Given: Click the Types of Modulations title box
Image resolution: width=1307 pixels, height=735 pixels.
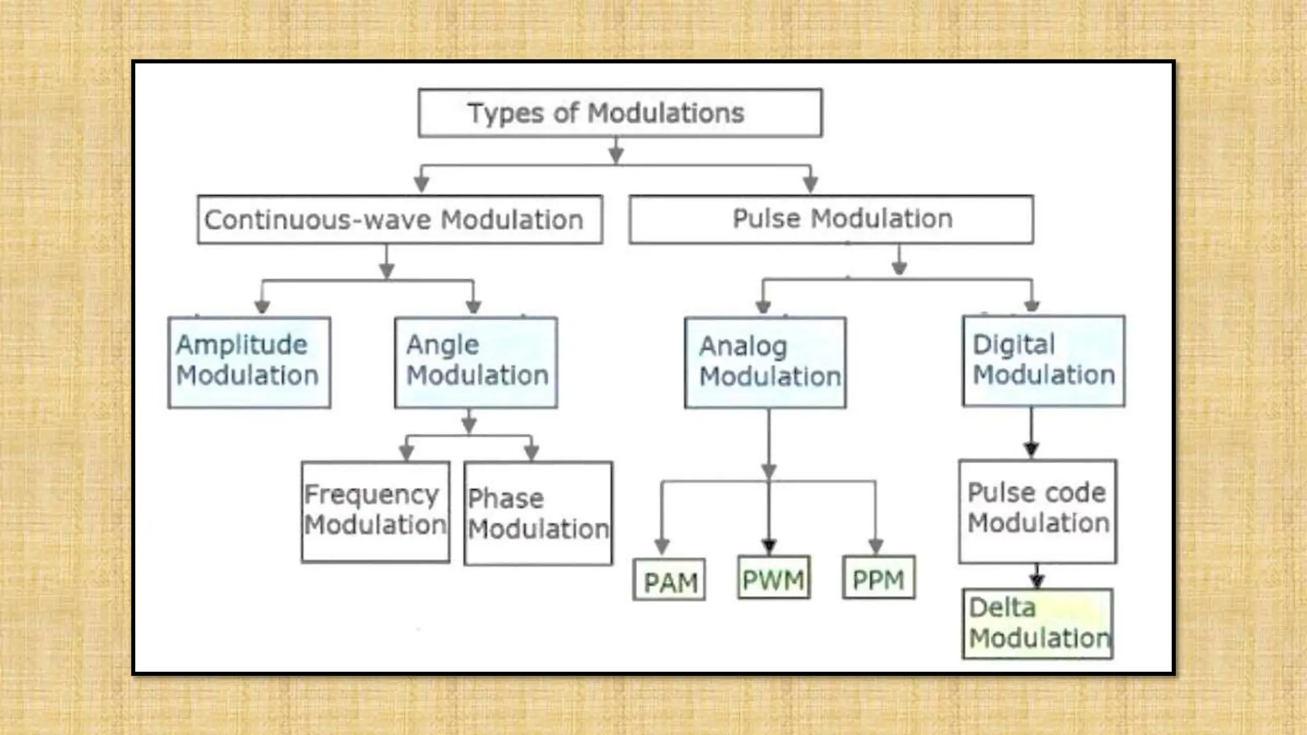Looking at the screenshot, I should (x=620, y=113).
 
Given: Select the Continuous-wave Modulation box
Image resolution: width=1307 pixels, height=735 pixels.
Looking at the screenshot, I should (x=400, y=219).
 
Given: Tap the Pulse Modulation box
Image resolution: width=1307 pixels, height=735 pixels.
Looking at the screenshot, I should (x=831, y=219).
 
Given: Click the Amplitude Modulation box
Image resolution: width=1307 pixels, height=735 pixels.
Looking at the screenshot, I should (x=250, y=362).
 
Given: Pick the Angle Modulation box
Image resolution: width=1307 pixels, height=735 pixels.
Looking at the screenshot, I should (x=476, y=362).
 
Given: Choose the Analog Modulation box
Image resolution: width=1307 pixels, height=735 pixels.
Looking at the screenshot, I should (x=765, y=362).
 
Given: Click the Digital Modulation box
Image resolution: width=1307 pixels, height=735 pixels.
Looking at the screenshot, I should (x=1043, y=360).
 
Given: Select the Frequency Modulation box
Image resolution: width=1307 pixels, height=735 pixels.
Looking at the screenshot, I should (x=375, y=512).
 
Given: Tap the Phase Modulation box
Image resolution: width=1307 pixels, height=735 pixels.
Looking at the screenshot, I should (x=538, y=514).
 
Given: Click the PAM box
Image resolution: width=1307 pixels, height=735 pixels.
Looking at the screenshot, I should (x=669, y=580).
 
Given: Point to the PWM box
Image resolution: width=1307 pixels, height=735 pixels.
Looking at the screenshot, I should (x=773, y=578).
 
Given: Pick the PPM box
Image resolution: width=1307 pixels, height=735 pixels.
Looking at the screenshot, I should (x=878, y=578).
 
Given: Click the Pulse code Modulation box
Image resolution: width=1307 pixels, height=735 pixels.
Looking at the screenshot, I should (x=1038, y=511).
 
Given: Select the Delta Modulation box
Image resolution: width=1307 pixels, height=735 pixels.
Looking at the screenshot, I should (x=1038, y=623).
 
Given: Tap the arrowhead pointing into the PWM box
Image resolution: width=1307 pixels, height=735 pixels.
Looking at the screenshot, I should (x=769, y=547).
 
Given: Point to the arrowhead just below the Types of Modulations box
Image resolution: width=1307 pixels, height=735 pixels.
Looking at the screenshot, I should (x=616, y=154).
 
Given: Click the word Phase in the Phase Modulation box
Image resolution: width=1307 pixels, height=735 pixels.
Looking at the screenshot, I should (x=505, y=499).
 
